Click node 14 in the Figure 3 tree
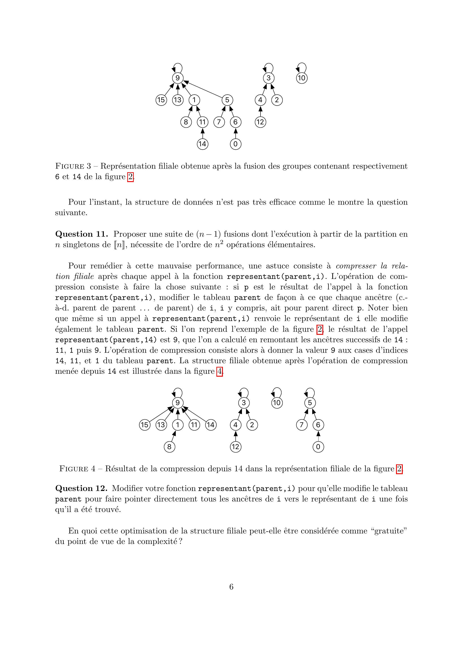point(202,144)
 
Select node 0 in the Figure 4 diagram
point(318,447)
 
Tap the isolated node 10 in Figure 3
point(301,78)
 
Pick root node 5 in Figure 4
point(310,403)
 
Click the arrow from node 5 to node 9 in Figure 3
point(205,90)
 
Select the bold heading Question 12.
point(81,488)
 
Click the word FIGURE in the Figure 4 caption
point(74,469)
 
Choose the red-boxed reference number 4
point(219,372)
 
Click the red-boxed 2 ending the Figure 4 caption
point(399,469)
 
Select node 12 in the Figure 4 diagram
point(235,447)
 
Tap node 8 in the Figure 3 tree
point(186,122)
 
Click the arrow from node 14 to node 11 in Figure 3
point(202,133)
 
